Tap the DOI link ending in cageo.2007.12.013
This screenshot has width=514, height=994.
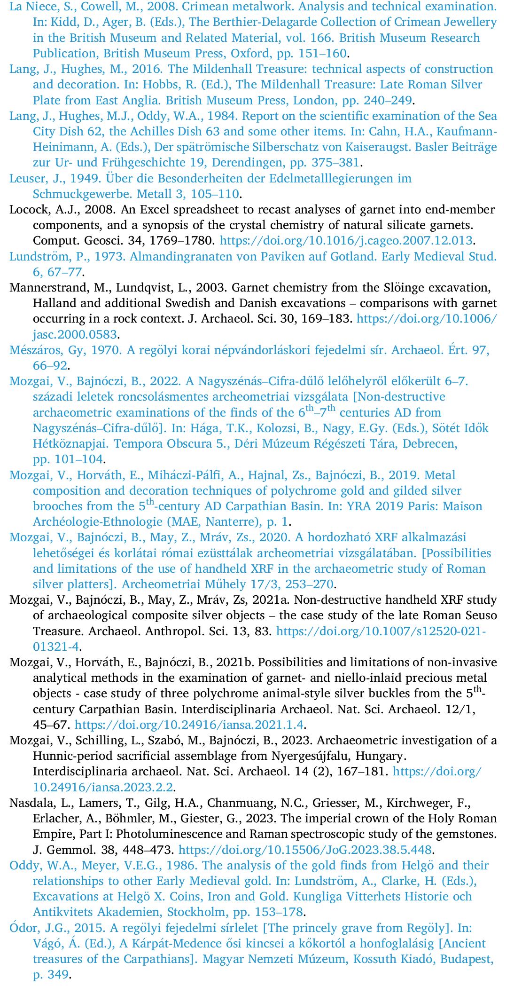tap(346, 241)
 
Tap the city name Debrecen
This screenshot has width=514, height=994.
tap(432, 444)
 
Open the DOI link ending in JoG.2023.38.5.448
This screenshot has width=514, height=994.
tap(305, 850)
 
